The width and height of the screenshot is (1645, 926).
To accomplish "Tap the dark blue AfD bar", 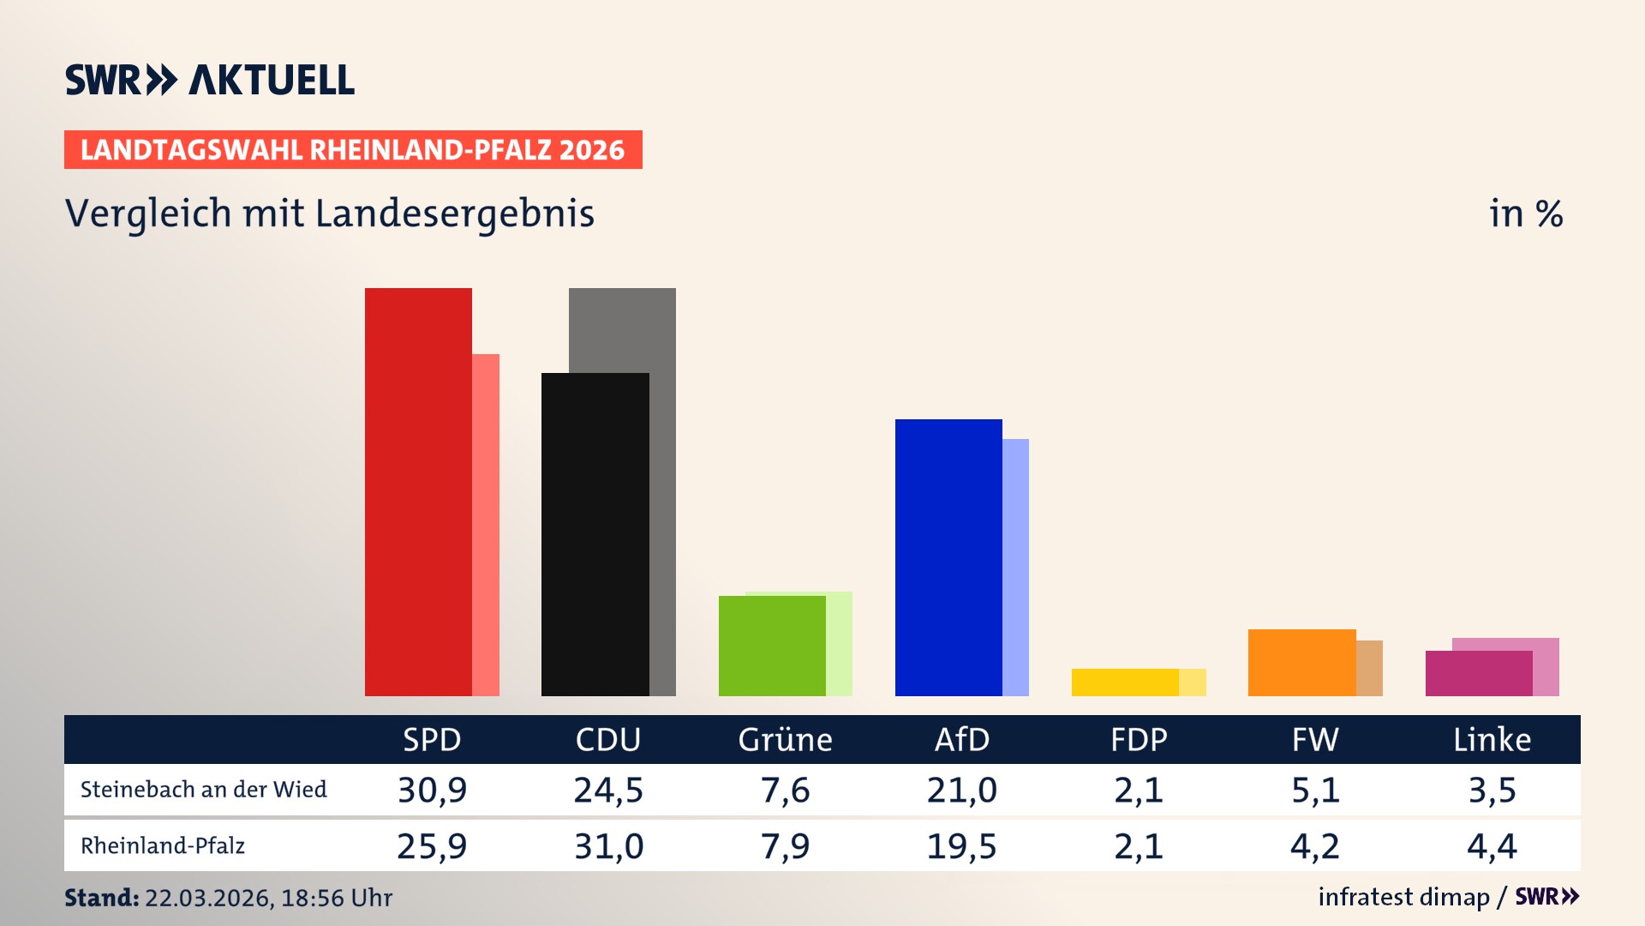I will (948, 557).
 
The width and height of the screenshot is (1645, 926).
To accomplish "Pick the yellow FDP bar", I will (1125, 682).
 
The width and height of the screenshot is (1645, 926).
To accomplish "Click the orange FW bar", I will (1301, 663).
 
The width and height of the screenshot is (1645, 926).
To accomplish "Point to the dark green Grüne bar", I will (772, 646).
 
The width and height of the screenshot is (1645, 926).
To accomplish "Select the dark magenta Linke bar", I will (1478, 674).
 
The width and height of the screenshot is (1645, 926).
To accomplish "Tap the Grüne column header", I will (785, 740).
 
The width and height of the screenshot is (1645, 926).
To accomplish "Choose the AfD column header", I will (961, 740).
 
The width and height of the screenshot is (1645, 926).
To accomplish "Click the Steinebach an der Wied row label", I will (203, 790).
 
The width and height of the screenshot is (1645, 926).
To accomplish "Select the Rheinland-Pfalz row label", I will (163, 846).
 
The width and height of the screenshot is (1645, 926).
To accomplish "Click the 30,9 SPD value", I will (432, 790).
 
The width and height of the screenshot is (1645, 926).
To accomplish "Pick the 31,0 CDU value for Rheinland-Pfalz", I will (608, 846).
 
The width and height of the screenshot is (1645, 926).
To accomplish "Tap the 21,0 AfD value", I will (961, 790).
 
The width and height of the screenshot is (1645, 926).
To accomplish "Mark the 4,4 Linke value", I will (1492, 846).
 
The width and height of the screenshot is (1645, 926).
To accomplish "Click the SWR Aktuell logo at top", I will (210, 80).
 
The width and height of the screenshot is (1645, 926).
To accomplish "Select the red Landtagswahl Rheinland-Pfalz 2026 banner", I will (353, 150).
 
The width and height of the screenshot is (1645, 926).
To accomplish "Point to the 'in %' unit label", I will (1525, 214).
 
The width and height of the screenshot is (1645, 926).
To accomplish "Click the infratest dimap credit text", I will (1403, 897).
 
